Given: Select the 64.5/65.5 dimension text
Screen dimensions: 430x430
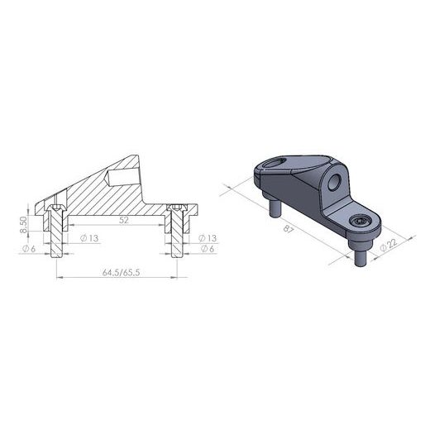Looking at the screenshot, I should click(117, 270).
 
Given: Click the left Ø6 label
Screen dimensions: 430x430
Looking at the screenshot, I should click(27, 249).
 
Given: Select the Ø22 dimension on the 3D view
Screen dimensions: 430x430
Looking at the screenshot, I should click(385, 246).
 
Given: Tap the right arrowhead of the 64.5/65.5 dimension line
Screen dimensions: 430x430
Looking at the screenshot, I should click(175, 278).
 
